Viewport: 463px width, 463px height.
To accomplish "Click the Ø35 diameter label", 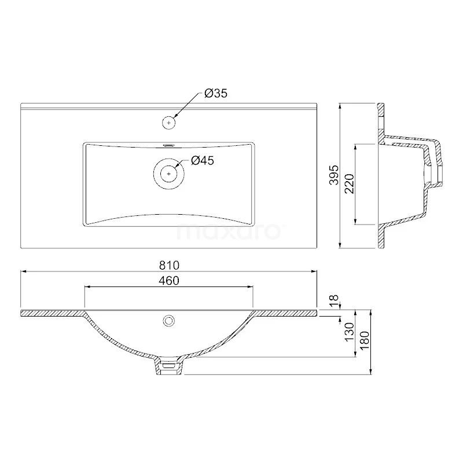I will tap(215, 93).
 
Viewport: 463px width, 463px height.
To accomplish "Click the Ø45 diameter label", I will tap(202, 161).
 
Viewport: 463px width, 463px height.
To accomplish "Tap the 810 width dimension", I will tap(169, 265).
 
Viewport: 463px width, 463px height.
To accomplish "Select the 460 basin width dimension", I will tap(169, 281).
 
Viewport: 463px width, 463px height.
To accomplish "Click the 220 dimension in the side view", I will tap(348, 184).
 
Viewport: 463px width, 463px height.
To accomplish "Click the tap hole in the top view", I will tap(169, 122).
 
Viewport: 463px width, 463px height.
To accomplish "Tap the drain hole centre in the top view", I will tap(169, 172).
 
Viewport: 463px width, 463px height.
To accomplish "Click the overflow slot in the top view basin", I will tap(169, 146).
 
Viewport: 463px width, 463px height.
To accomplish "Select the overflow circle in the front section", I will tap(169, 319).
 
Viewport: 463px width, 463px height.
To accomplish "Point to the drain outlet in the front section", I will tap(169, 366).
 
